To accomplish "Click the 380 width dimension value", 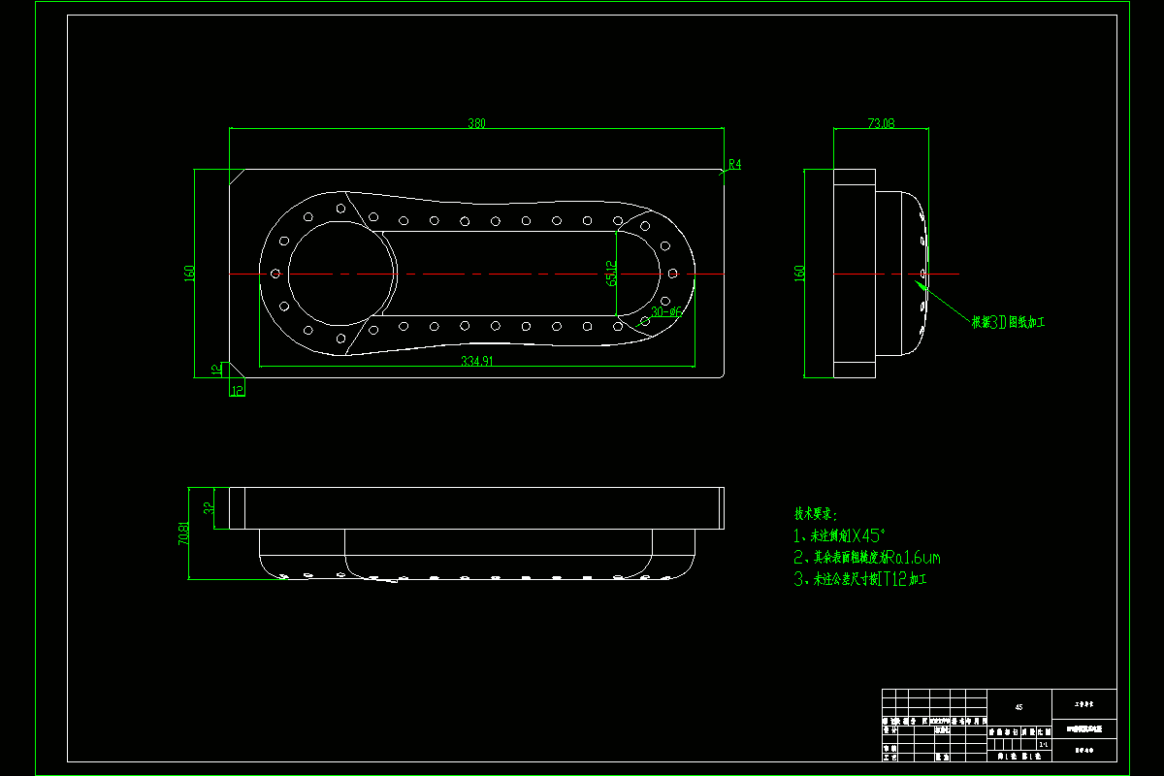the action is click(476, 123).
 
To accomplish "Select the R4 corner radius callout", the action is click(734, 165).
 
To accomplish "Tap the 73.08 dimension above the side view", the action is click(880, 123).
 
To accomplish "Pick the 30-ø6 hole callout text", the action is click(667, 312).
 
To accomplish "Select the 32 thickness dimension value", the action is click(209, 507).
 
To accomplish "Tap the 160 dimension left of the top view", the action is click(190, 274).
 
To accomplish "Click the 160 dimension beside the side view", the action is click(800, 274).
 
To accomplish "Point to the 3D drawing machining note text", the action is click(1007, 322).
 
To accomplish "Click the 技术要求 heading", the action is click(815, 513).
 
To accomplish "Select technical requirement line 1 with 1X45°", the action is click(841, 535).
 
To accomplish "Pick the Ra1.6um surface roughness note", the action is click(867, 558).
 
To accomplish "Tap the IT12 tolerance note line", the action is click(860, 580).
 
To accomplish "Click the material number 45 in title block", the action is click(1018, 707).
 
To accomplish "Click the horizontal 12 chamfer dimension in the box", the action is click(237, 390).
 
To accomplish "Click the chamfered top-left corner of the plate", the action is click(236, 175).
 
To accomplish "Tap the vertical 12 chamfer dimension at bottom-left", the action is click(215, 370).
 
